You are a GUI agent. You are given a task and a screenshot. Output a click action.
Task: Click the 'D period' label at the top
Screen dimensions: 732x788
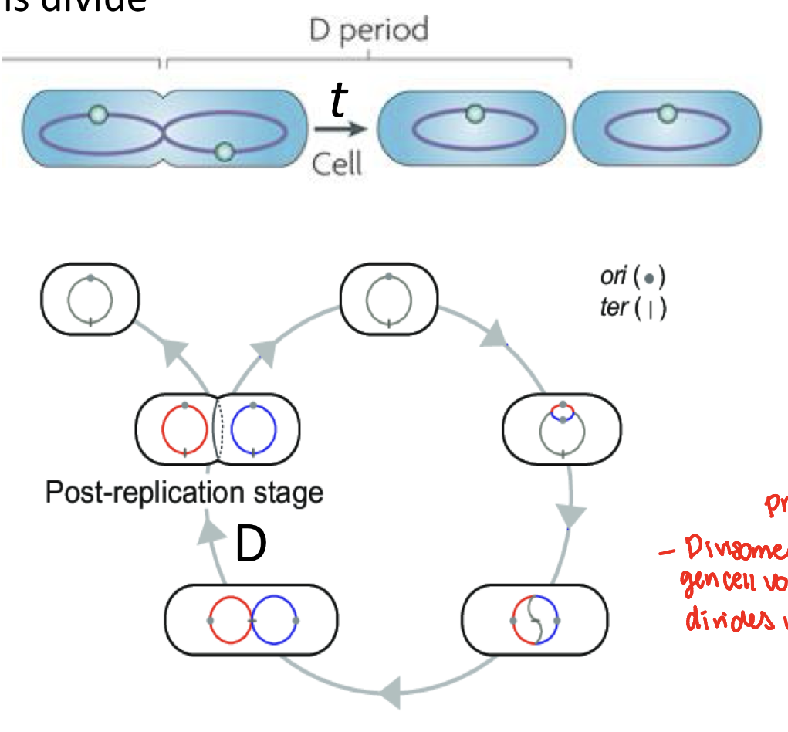tap(368, 31)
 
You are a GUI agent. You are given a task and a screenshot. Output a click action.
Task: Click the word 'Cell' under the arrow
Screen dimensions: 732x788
tap(337, 163)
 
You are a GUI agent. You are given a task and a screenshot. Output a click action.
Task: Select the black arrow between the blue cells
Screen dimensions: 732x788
tap(338, 130)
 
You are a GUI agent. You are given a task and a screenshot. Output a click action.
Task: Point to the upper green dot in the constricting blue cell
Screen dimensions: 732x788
tap(96, 115)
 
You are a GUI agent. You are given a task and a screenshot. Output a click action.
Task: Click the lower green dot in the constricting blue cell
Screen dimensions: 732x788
tap(224, 151)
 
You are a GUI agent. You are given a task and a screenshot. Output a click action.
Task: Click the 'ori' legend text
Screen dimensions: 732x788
tap(614, 277)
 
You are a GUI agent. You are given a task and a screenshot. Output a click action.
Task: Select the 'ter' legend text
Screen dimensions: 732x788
tap(613, 308)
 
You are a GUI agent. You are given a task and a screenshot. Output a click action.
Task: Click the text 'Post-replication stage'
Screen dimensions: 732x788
tap(184, 492)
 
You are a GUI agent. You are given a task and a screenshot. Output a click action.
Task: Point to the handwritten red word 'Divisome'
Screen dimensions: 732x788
tap(725, 550)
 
